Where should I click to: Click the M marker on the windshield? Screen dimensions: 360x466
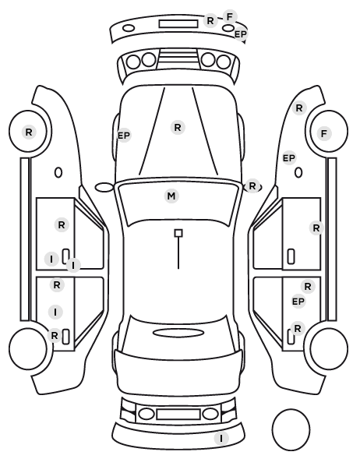pyautogui.click(x=171, y=196)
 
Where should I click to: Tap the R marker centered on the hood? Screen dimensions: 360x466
pyautogui.click(x=178, y=128)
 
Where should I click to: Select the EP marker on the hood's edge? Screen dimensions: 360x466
pyautogui.click(x=124, y=136)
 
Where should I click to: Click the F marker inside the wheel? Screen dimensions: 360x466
pyautogui.click(x=324, y=133)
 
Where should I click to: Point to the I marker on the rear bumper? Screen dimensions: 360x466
pyautogui.click(x=221, y=439)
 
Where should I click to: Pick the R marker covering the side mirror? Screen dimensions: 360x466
pyautogui.click(x=252, y=186)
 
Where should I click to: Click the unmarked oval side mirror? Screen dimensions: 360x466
pyautogui.click(x=104, y=187)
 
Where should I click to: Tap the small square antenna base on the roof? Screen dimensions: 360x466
pyautogui.click(x=178, y=233)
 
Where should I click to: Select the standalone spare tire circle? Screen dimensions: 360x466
pyautogui.click(x=291, y=429)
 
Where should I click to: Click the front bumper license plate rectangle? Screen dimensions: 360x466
pyautogui.click(x=178, y=24)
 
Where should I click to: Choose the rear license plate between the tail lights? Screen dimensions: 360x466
pyautogui.click(x=178, y=415)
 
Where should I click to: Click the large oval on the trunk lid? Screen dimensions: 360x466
pyautogui.click(x=178, y=333)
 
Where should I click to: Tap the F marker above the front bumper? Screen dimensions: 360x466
pyautogui.click(x=230, y=16)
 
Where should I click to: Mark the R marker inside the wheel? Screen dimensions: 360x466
pyautogui.click(x=29, y=132)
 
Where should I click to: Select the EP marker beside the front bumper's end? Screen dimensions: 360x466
pyautogui.click(x=240, y=34)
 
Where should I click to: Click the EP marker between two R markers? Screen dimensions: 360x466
pyautogui.click(x=298, y=302)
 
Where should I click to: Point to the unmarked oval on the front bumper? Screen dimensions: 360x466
pyautogui.click(x=129, y=28)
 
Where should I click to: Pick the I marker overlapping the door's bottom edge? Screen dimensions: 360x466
pyautogui.click(x=73, y=265)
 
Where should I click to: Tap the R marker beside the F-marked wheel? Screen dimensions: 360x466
pyautogui.click(x=299, y=108)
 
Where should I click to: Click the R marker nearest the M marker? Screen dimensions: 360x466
pyautogui.click(x=178, y=128)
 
